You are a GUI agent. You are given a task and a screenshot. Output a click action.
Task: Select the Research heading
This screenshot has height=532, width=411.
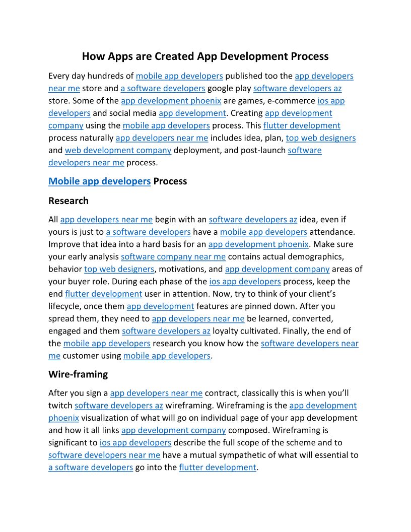point(68,201)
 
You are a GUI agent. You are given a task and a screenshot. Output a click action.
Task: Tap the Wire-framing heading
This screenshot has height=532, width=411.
point(78,374)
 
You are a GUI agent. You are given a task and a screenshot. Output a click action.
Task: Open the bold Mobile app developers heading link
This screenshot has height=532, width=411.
point(100,181)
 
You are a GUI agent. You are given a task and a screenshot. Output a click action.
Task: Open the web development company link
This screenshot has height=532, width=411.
point(118,150)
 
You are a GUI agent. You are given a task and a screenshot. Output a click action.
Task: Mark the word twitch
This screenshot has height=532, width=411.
point(60,406)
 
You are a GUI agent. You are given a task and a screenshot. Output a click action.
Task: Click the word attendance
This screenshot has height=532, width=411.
point(332,232)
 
